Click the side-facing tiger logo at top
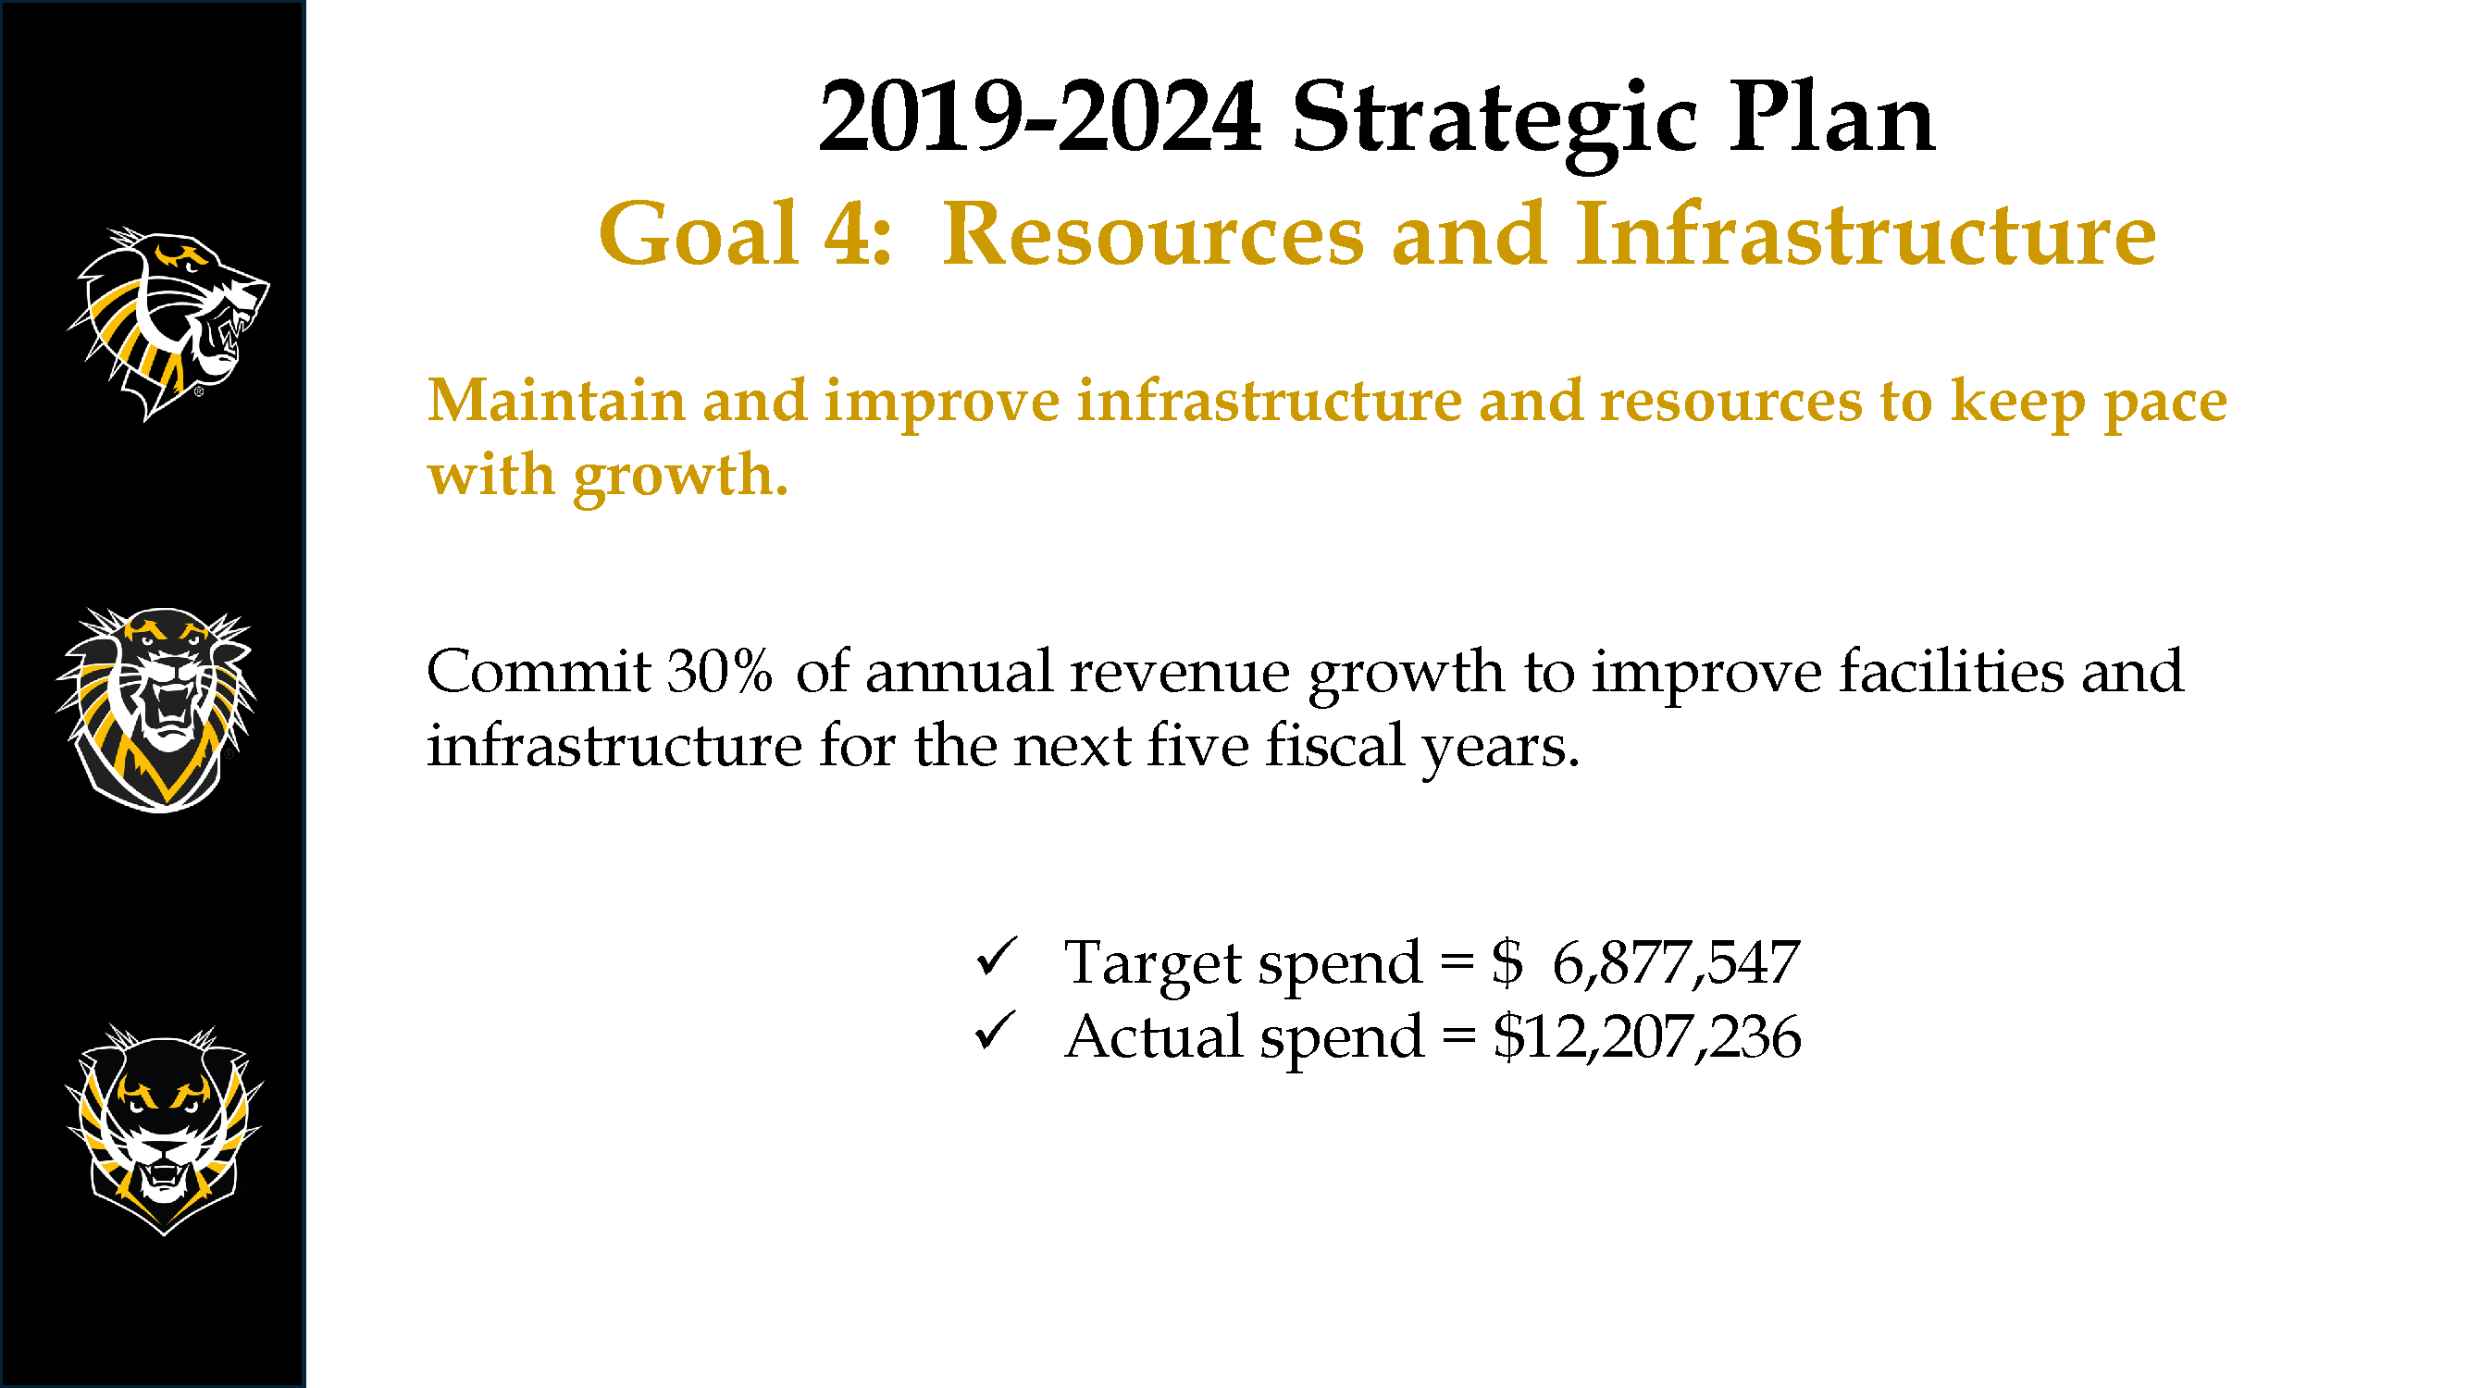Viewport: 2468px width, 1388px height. coord(167,324)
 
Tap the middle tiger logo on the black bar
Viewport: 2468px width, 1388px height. coord(156,710)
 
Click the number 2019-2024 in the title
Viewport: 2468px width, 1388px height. coord(1039,118)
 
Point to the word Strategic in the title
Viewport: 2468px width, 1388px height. coord(1495,124)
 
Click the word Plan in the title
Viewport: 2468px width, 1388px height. coord(1832,117)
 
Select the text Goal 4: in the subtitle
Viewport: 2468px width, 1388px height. coord(745,234)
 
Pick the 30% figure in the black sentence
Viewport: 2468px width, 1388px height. coord(720,671)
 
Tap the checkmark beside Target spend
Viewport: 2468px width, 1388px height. coord(997,957)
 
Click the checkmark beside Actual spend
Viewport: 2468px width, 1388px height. coord(997,1032)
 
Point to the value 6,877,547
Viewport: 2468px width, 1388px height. coord(1676,962)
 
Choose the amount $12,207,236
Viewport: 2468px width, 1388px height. coord(1647,1036)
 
